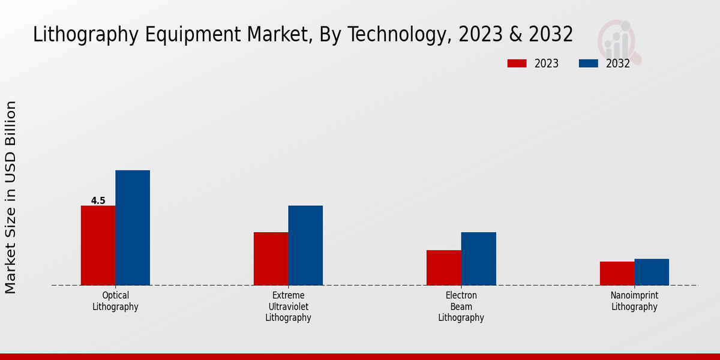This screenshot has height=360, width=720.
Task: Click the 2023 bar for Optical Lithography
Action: pyautogui.click(x=98, y=245)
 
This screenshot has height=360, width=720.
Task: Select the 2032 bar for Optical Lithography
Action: pyautogui.click(x=133, y=228)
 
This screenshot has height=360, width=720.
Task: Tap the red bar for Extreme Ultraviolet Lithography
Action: pyautogui.click(x=271, y=259)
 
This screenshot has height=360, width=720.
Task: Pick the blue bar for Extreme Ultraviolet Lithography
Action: pyautogui.click(x=305, y=245)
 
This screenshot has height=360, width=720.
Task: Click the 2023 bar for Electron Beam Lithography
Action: pyautogui.click(x=444, y=268)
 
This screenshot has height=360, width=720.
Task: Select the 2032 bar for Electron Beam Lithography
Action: pyautogui.click(x=479, y=259)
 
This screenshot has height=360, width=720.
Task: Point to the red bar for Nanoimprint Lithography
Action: pyautogui.click(x=617, y=273)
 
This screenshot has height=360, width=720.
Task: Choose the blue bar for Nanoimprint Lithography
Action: pyautogui.click(x=652, y=272)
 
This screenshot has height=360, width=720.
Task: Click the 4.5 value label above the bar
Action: pyautogui.click(x=98, y=201)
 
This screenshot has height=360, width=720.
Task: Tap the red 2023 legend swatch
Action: pyautogui.click(x=517, y=64)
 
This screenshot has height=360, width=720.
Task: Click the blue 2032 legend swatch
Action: pyautogui.click(x=588, y=64)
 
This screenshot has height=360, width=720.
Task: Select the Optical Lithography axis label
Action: pyautogui.click(x=115, y=301)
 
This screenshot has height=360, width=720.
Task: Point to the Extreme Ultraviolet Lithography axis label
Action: pyautogui.click(x=288, y=307)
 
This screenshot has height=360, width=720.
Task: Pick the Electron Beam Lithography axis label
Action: pyautogui.click(x=461, y=307)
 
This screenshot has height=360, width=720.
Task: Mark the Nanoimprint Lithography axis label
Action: pyautogui.click(x=634, y=301)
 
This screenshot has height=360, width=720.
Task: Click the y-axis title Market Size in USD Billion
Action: pyautogui.click(x=11, y=197)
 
